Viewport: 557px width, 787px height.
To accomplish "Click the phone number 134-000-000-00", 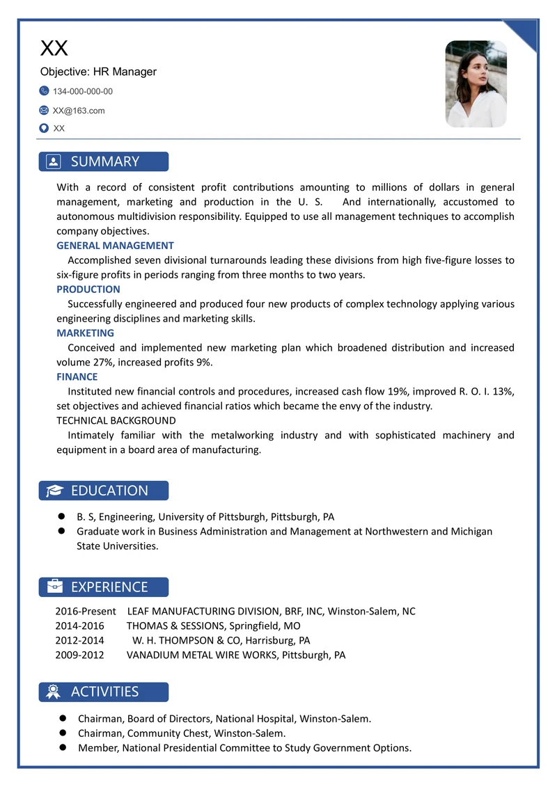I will tap(82, 91).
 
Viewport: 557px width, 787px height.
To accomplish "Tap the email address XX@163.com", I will tap(79, 110).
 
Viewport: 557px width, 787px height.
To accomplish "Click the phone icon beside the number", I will tap(45, 91).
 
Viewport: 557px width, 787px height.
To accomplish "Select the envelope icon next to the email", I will tap(45, 110).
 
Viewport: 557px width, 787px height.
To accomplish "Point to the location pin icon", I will tap(45, 128).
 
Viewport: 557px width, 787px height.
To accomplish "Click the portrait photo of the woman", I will tap(476, 84).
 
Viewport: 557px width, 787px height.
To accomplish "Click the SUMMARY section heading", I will tap(105, 161).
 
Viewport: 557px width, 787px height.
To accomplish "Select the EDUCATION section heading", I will tap(109, 491).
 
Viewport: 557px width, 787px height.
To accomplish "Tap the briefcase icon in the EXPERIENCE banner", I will tap(54, 587).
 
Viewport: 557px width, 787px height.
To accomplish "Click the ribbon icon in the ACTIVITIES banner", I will tap(54, 692).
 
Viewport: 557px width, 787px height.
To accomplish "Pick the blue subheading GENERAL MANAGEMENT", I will tap(115, 246).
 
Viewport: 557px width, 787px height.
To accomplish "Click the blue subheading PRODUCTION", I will tap(88, 289).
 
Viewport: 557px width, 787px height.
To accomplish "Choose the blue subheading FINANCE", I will tap(77, 377).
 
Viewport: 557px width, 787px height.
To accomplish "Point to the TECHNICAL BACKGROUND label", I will tap(116, 421).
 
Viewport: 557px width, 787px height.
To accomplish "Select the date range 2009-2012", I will tap(79, 655).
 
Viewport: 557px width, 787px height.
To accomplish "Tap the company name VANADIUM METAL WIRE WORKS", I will tap(202, 655).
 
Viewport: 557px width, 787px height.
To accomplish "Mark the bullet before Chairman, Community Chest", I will tap(62, 733).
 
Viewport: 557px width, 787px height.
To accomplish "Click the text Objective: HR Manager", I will tap(98, 72).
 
